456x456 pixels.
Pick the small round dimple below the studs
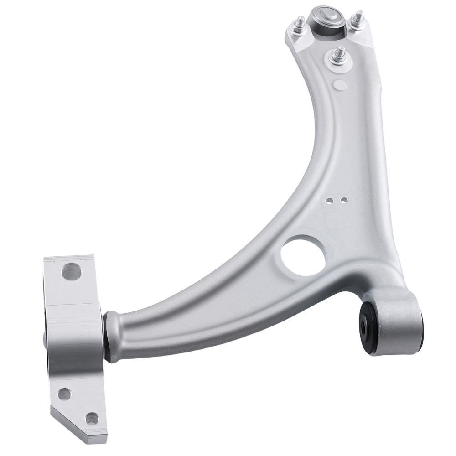(339, 84)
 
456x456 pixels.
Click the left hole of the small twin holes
(335, 200)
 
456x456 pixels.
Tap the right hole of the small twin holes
(345, 200)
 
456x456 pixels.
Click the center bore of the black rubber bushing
(363, 325)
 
